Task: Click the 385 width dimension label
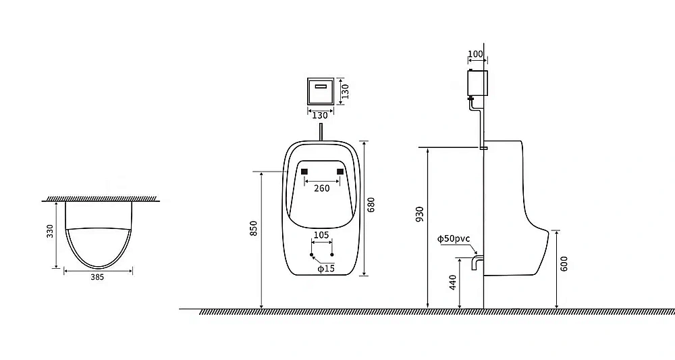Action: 97,278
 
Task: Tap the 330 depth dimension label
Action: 50,231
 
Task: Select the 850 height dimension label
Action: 254,228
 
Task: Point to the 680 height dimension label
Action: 371,205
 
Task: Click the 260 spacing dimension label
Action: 321,188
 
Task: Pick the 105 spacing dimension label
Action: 321,235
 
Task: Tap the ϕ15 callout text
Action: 326,269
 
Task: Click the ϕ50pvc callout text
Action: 454,239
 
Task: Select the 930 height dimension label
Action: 420,215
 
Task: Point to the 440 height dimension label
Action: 453,282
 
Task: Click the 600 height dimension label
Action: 564,263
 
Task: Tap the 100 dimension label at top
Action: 475,54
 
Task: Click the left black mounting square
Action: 304,172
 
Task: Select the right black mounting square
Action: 340,172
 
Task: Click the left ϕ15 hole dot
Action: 312,255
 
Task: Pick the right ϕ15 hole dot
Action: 332,255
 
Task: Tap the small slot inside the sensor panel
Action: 321,86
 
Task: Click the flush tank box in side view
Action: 477,83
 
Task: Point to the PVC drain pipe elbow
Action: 477,262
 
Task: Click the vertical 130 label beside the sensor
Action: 345,91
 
